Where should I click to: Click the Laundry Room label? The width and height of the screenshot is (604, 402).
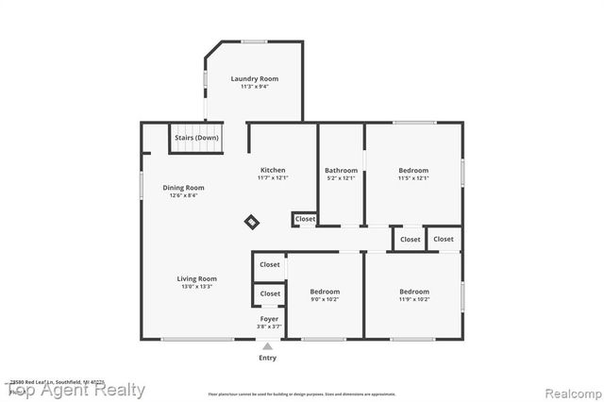click(254, 78)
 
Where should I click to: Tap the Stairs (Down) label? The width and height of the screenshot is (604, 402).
click(196, 138)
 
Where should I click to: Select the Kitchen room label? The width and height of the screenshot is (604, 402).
click(273, 170)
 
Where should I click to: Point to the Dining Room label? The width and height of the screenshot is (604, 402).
click(183, 187)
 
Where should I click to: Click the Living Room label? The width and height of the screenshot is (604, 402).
click(197, 278)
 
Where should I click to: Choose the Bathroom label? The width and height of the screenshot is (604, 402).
click(341, 170)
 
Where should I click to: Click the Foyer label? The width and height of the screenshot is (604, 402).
click(269, 319)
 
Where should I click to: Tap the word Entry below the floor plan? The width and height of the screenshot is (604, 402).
click(268, 358)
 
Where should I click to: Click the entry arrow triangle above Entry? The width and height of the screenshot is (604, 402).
click(268, 346)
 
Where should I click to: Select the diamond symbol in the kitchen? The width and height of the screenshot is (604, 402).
click(252, 222)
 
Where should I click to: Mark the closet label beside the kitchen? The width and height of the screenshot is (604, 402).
click(305, 219)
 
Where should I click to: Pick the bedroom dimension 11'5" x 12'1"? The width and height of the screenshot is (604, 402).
click(413, 178)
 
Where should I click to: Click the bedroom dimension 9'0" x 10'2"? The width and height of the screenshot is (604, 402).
click(325, 300)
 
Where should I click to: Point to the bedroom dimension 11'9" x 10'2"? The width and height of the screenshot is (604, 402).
click(413, 300)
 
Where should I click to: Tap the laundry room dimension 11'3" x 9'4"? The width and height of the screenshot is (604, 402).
click(254, 87)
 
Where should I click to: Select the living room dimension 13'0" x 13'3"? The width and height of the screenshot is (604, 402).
click(197, 287)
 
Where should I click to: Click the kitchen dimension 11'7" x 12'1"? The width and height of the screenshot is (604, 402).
click(273, 178)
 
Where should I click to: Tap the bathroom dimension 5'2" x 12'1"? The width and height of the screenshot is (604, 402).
click(341, 178)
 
